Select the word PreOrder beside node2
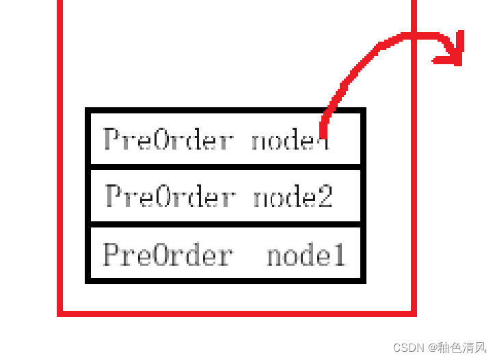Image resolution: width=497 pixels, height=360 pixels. (x=170, y=197)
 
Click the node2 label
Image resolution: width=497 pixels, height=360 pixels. (x=293, y=197)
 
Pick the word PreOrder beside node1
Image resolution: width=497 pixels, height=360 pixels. (x=167, y=255)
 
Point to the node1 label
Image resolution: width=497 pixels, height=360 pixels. (x=306, y=255)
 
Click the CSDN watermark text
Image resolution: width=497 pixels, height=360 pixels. (x=409, y=347)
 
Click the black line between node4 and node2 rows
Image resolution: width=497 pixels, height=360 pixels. (x=226, y=166)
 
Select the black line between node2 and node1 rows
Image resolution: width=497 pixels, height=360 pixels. (x=226, y=223)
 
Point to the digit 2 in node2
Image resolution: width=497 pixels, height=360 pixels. (x=325, y=197)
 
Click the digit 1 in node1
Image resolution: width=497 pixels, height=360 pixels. (x=338, y=255)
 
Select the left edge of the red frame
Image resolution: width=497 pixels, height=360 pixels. (x=60, y=171)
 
